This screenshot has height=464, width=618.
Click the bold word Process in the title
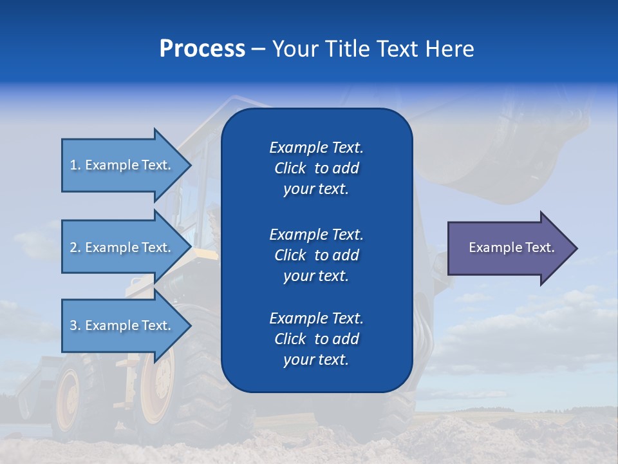[202, 49]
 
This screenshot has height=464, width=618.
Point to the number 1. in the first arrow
[75, 165]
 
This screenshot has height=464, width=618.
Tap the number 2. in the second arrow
[75, 247]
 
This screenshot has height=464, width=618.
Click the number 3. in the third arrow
[75, 325]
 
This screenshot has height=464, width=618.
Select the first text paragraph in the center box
[316, 168]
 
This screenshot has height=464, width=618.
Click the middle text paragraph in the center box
[316, 255]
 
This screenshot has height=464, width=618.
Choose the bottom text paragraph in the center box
[316, 339]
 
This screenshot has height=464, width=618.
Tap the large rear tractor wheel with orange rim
[158, 387]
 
